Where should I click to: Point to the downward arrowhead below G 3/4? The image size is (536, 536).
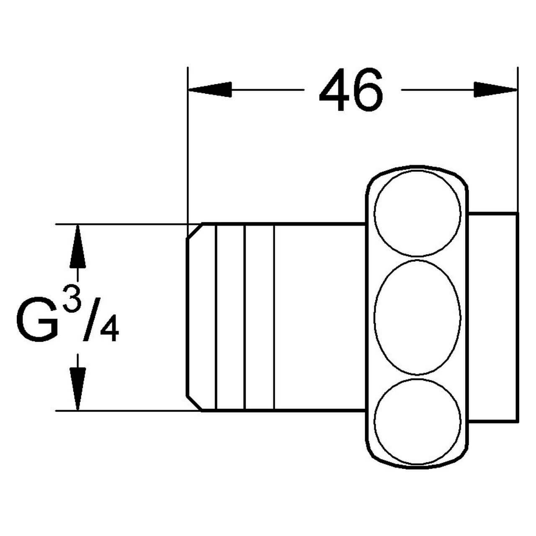coord(77,388)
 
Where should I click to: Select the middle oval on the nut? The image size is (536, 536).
coord(417,317)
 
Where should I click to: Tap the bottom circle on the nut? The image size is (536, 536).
coord(417,421)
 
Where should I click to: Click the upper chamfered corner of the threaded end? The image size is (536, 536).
coord(194,232)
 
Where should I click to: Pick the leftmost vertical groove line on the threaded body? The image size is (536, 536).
coord(216,317)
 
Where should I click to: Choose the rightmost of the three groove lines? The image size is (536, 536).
coord(274,317)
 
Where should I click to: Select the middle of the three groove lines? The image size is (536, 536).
coord(245,317)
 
